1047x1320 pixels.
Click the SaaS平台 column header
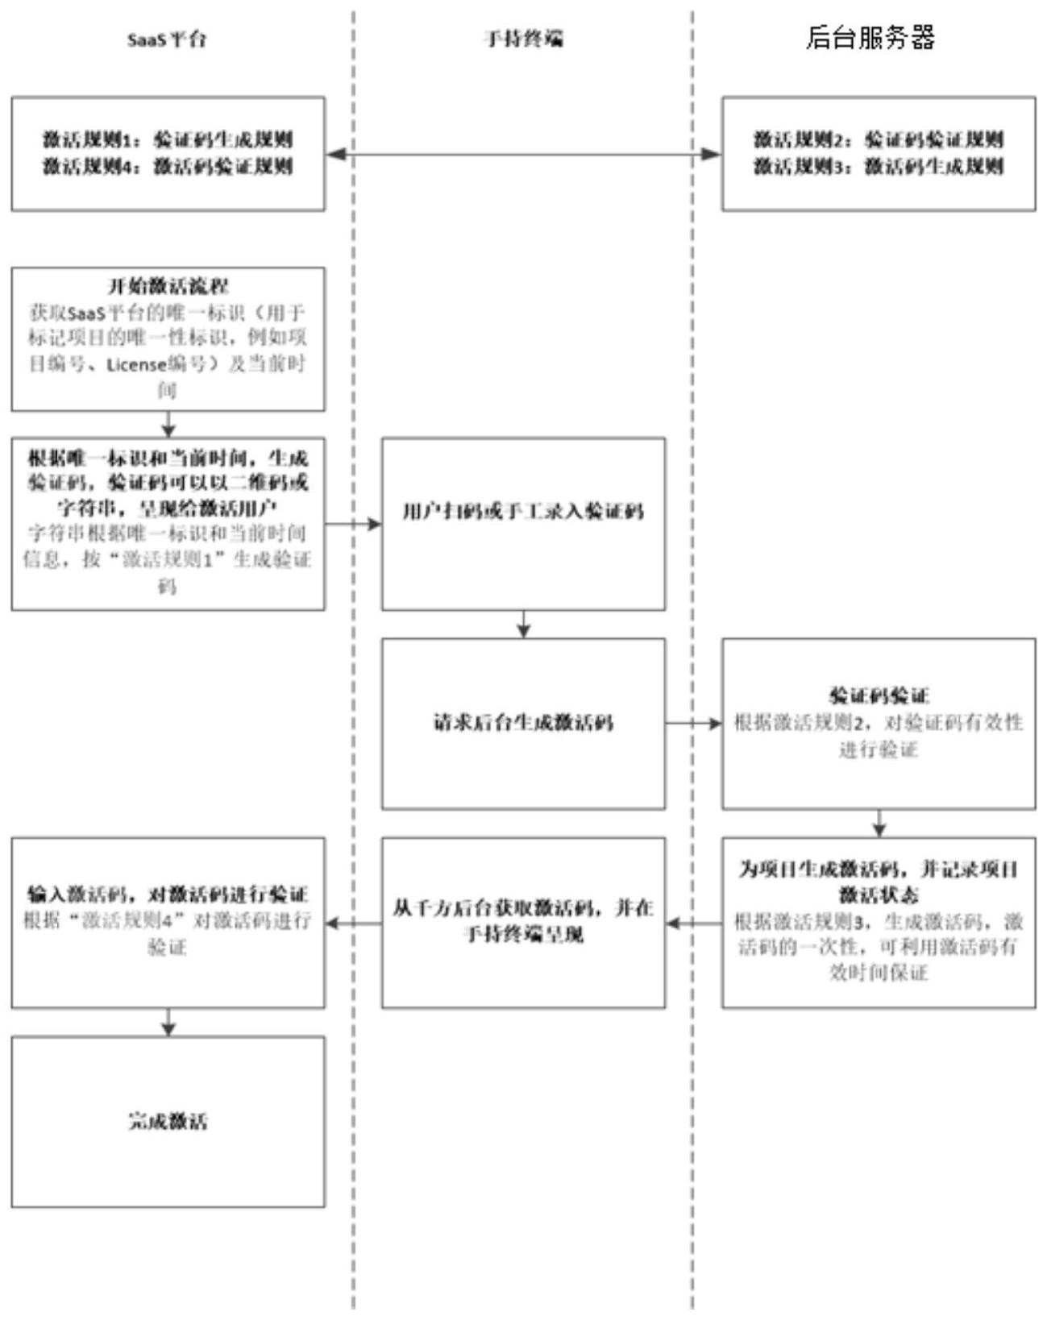(167, 39)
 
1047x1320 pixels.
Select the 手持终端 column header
(523, 39)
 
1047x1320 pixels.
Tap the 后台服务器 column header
(870, 38)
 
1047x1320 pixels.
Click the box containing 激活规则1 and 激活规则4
(168, 154)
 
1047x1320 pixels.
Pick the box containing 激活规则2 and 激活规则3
(878, 154)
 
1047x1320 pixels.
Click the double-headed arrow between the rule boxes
(523, 154)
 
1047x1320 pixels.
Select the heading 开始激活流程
(168, 285)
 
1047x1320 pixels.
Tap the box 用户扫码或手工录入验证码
(523, 524)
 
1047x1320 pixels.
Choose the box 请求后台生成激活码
(523, 724)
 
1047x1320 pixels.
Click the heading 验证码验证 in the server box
(879, 695)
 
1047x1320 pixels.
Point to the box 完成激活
(168, 1121)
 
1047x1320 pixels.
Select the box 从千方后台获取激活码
(523, 922)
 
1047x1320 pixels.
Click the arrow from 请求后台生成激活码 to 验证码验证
(693, 724)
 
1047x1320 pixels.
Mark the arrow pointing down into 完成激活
(168, 1022)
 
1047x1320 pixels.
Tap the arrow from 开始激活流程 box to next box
(168, 424)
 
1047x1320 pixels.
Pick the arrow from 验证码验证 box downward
(879, 823)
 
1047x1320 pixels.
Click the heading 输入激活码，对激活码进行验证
(168, 894)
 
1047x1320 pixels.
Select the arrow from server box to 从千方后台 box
(693, 923)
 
